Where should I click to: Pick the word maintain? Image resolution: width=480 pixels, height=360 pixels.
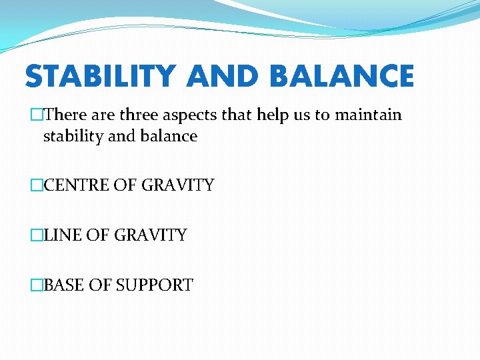[368, 115]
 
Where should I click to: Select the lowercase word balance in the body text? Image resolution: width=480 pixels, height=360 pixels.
[169, 136]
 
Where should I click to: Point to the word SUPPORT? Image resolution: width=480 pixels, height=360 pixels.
[155, 285]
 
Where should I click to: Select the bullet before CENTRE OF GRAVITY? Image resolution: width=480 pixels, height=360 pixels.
[37, 185]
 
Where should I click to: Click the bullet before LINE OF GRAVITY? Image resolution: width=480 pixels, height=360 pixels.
[37, 235]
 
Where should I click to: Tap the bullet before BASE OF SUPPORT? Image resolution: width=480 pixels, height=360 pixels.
[37, 285]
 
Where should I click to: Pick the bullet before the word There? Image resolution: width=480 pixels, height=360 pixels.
[37, 115]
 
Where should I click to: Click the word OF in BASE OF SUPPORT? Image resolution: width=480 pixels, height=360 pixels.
[100, 285]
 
